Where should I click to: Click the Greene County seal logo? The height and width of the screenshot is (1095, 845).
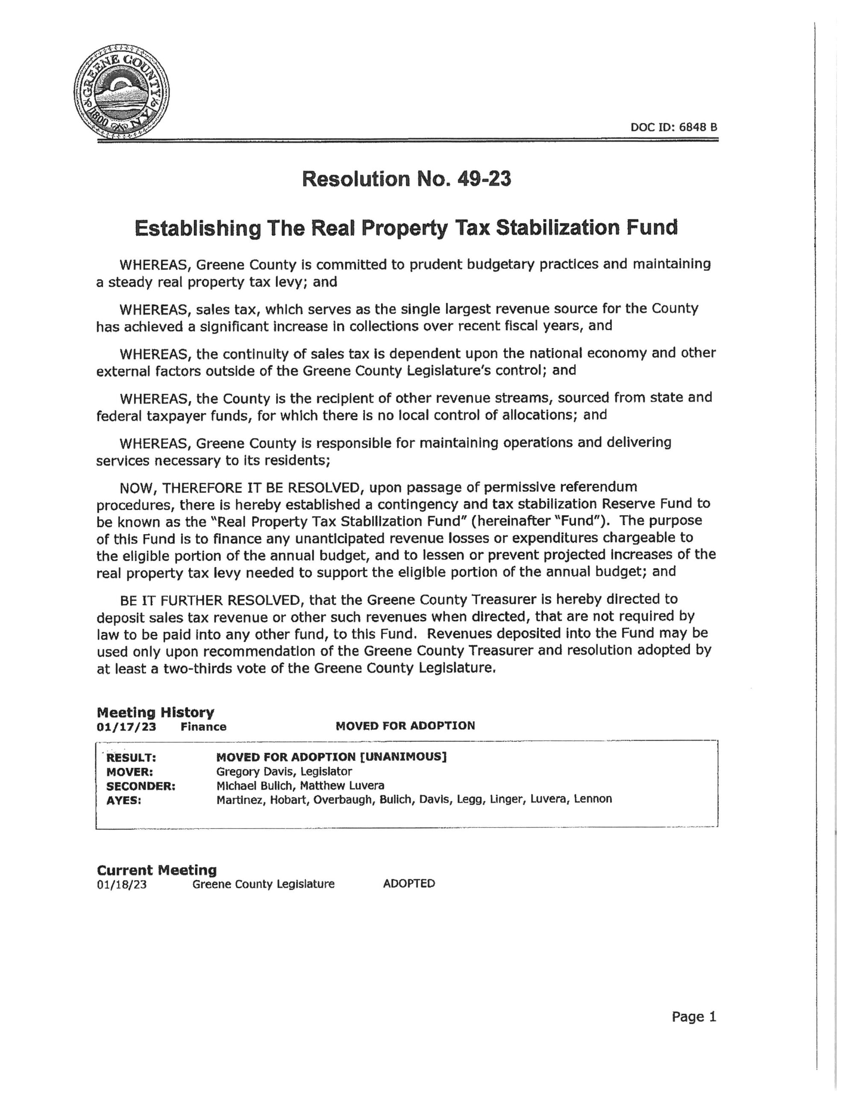pos(121,92)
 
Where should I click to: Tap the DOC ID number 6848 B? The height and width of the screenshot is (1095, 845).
pos(698,127)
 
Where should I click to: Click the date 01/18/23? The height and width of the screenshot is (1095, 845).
pos(122,885)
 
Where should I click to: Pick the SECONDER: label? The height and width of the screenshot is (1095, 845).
pos(141,786)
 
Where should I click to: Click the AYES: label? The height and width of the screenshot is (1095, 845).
pos(124,801)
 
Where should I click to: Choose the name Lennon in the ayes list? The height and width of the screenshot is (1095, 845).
pos(593,799)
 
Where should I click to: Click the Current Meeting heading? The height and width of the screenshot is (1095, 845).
pos(157,870)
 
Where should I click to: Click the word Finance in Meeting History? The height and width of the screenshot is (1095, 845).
pos(203,727)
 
